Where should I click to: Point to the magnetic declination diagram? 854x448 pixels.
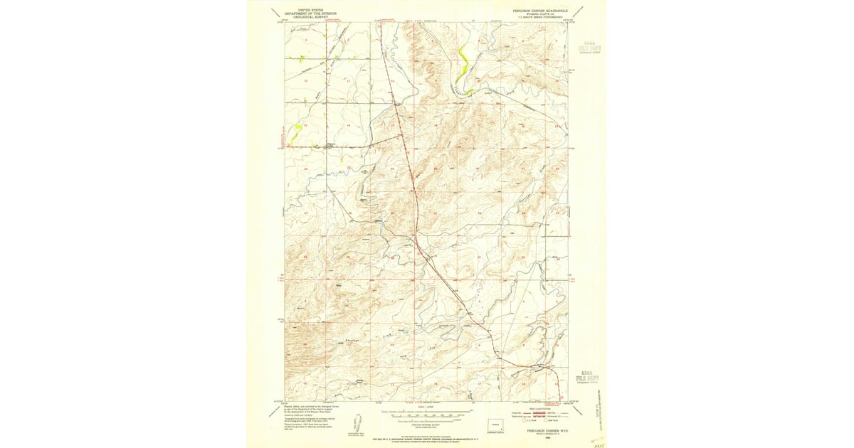pyautogui.click(x=356, y=425)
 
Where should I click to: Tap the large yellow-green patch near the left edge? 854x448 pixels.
pyautogui.click(x=297, y=131)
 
